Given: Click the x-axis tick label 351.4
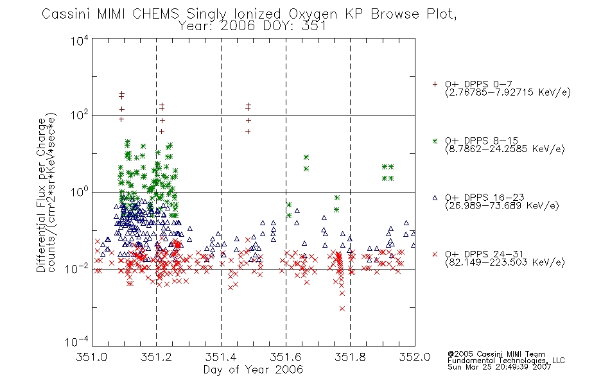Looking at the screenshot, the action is click(221, 357).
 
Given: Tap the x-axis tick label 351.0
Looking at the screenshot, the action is click(92, 357).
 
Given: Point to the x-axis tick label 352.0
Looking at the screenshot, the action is click(415, 357).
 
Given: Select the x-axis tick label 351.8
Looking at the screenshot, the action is click(350, 357).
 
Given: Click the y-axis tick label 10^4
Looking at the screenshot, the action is click(80, 41).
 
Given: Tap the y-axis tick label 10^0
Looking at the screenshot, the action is click(80, 192).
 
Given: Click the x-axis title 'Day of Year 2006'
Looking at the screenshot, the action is click(253, 370).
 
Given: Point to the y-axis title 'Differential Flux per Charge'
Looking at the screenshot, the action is click(41, 195).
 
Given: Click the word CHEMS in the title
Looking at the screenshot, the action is click(155, 14).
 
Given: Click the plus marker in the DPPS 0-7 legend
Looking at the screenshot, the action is click(435, 84).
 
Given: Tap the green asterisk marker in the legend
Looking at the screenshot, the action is click(435, 141).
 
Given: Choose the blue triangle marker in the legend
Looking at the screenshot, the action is click(435, 198).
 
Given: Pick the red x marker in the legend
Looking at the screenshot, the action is click(435, 254).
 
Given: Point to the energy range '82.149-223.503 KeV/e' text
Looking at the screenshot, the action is click(505, 262).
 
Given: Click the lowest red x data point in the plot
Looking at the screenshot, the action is click(342, 309).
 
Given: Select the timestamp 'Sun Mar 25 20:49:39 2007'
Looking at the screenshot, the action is click(499, 367).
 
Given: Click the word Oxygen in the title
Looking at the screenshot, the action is click(313, 15).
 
